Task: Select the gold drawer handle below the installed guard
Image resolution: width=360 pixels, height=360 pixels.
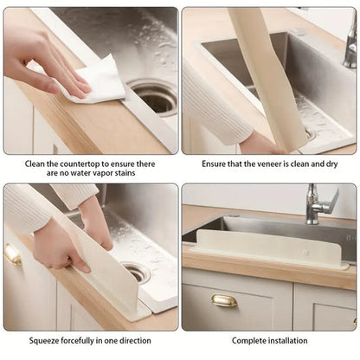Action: click(224, 300)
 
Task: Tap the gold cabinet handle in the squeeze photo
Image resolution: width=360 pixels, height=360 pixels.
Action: click(12, 254)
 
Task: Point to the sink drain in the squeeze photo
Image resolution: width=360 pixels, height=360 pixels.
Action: click(135, 273)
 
